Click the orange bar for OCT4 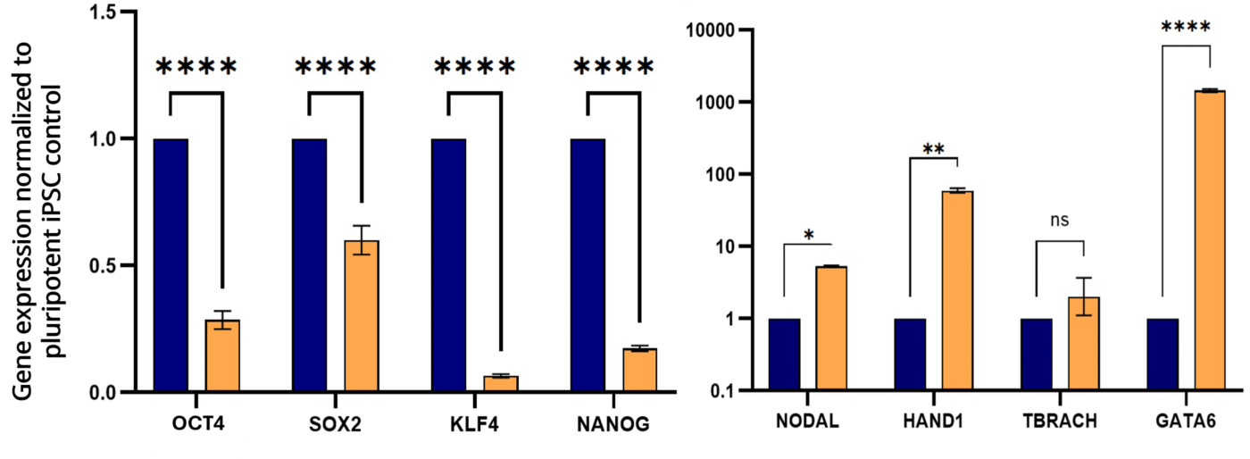click(222, 355)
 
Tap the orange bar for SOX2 click(362, 316)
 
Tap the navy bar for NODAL click(784, 355)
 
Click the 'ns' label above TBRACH click(1059, 220)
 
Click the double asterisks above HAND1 click(933, 148)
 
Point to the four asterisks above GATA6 click(1186, 28)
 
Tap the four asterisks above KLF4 click(474, 68)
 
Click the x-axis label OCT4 click(196, 421)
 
